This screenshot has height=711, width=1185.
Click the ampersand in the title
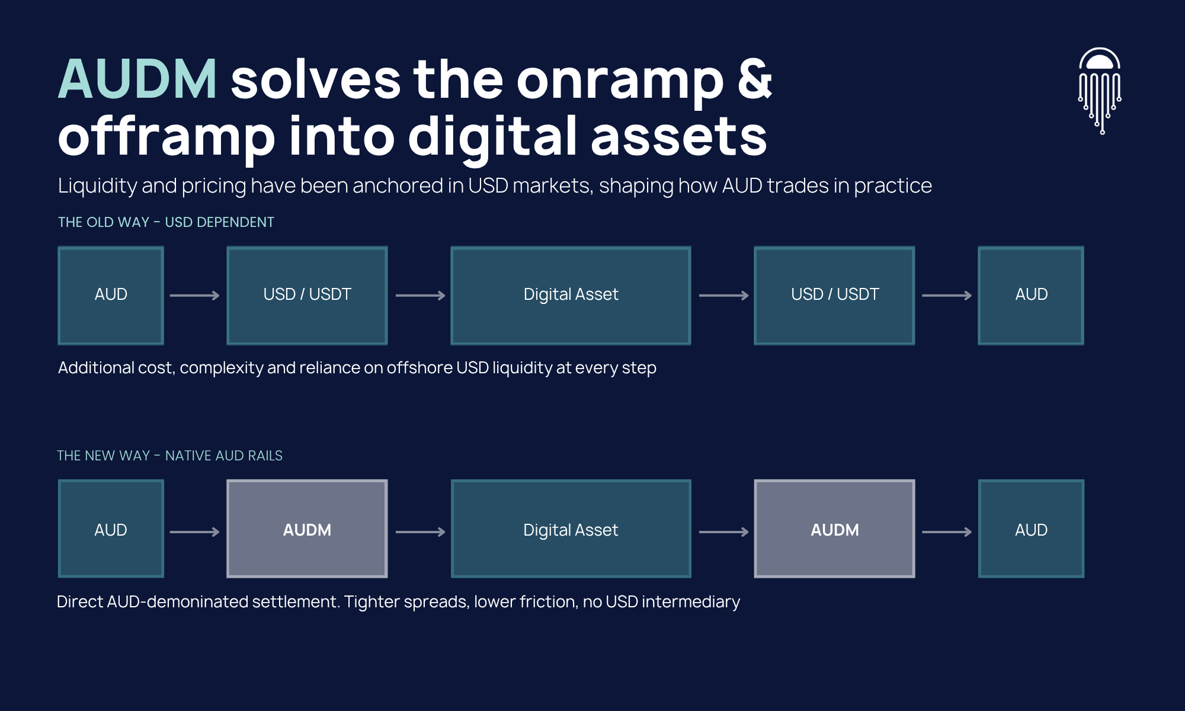point(754,78)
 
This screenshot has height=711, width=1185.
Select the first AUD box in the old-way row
point(111,295)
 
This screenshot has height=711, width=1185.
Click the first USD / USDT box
point(307,295)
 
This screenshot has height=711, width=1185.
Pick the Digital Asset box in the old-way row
point(571,295)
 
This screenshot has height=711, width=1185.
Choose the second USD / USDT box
point(834,295)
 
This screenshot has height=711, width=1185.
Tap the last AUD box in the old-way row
point(1031,295)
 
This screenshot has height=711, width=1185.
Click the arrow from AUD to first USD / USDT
point(195,295)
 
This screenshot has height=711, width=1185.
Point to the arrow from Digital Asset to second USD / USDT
point(724,295)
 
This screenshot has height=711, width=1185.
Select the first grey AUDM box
point(307,529)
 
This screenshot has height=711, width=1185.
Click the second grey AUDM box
point(834,529)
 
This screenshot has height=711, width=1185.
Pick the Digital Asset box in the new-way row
point(571,529)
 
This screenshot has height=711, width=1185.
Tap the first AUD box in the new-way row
point(111,529)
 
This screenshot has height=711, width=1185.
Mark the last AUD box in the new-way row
point(1031,529)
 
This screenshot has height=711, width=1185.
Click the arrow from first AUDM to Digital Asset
point(421,532)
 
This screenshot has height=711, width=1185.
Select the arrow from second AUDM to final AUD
point(947,532)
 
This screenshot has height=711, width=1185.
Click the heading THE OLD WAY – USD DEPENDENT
point(166,222)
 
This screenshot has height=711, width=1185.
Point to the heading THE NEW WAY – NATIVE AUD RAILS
point(169,456)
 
